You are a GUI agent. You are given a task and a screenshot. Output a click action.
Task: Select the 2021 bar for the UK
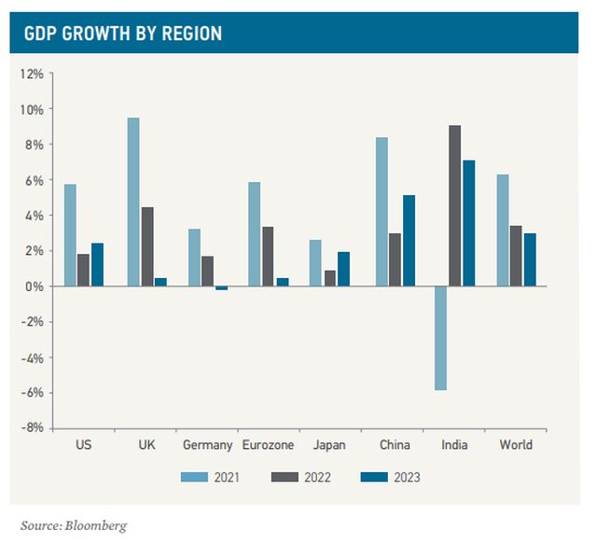point(133,202)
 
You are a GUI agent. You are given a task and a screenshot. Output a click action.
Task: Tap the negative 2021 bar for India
point(440,338)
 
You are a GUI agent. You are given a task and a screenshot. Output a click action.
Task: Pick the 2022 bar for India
point(454,205)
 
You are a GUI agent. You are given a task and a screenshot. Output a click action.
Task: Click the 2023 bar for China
point(409,241)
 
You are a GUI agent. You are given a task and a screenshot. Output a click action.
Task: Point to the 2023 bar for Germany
point(222,288)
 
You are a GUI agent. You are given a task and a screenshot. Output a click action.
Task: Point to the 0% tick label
point(35,286)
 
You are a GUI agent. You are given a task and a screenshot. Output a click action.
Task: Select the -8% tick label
point(33,428)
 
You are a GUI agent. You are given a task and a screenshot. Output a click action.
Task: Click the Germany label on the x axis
point(208,445)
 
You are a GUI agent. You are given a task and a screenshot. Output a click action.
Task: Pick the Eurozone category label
point(269,445)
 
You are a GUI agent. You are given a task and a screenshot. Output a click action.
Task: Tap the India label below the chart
point(454,445)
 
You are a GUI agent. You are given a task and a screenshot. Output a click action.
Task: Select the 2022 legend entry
point(301,478)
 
